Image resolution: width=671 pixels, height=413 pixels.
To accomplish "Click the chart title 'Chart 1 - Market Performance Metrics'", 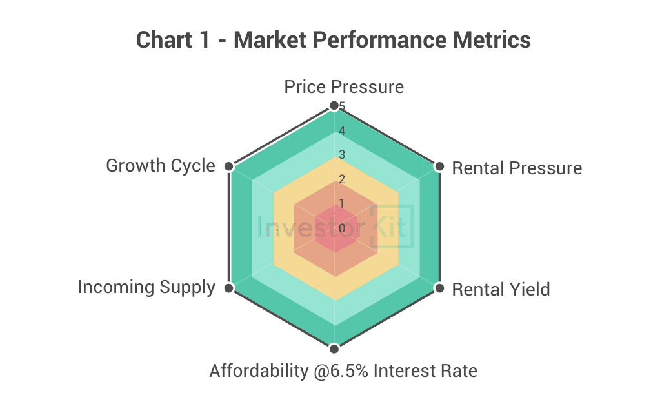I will point(334,40).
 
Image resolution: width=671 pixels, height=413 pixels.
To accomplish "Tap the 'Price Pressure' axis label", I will point(344,87).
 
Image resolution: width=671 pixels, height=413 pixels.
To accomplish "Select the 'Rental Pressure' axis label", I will point(517,168).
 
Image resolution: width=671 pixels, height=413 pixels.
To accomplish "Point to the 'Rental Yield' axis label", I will point(501,289).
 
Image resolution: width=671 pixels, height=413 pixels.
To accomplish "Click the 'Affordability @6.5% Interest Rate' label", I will point(343,371).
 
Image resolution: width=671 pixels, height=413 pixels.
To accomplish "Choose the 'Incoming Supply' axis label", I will point(146,287).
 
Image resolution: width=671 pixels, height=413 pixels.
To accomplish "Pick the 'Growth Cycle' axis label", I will point(160,166).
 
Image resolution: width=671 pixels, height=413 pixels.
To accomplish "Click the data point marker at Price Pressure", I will point(334,105).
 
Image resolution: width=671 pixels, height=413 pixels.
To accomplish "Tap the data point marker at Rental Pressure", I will point(439,166).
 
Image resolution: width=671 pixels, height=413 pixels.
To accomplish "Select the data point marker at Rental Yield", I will point(439,288).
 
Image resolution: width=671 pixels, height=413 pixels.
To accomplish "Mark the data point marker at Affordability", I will point(334,349).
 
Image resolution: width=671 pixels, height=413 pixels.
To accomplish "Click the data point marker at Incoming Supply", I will point(228,288).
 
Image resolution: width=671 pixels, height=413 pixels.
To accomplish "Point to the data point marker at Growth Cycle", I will point(228,166).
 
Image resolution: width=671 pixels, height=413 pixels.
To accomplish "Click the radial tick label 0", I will point(342,228).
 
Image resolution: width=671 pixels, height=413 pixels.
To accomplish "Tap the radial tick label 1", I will point(342,204).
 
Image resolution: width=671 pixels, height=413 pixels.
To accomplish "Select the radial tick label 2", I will point(342,179).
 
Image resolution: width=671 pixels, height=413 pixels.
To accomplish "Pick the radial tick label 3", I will point(342,155).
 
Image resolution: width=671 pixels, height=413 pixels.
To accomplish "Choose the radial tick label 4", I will point(342,131).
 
